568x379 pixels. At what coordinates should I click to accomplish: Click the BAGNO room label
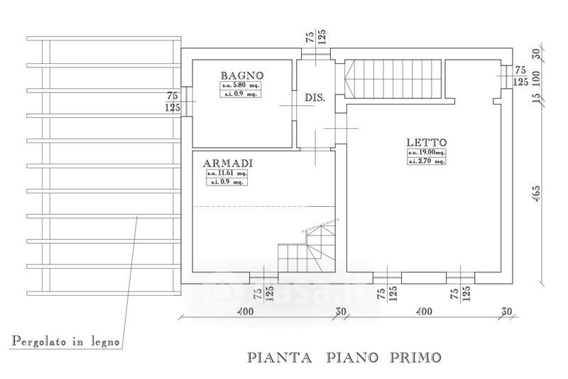pyautogui.click(x=242, y=75)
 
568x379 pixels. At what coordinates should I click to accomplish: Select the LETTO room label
pyautogui.click(x=426, y=142)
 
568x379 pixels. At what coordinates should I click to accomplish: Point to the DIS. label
pyautogui.click(x=315, y=98)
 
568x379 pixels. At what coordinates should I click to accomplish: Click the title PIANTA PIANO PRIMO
pyautogui.click(x=344, y=356)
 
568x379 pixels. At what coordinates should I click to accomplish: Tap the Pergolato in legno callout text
pyautogui.click(x=65, y=342)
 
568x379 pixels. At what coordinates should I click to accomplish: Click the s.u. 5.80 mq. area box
pyautogui.click(x=241, y=85)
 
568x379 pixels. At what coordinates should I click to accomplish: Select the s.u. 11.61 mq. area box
pyautogui.click(x=227, y=173)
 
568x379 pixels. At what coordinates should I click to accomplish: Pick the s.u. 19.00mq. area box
pyautogui.click(x=426, y=153)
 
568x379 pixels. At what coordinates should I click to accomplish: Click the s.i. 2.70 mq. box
pyautogui.click(x=426, y=162)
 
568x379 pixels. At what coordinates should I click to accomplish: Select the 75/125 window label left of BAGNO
pyautogui.click(x=172, y=102)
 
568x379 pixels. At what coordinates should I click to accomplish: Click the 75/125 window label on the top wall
pyautogui.click(x=315, y=37)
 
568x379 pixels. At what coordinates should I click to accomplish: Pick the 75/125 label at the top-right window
pyautogui.click(x=520, y=76)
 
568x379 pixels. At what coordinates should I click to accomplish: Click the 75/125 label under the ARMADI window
pyautogui.click(x=263, y=293)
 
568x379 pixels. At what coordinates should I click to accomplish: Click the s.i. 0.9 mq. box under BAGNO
pyautogui.click(x=241, y=94)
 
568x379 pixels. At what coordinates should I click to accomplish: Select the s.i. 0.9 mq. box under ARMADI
pyautogui.click(x=227, y=182)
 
